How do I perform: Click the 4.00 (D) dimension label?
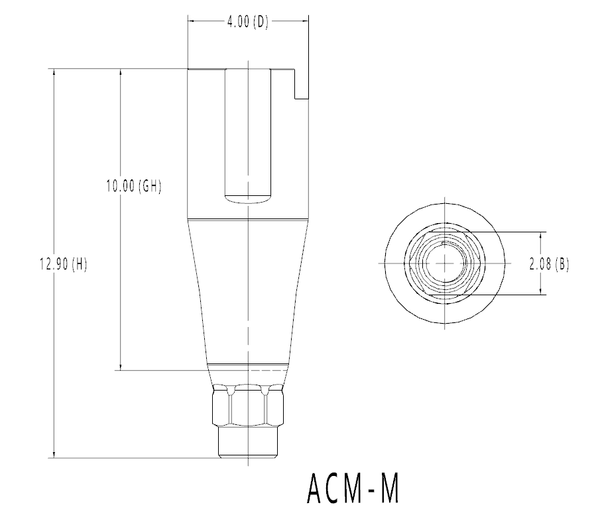coord(248,23)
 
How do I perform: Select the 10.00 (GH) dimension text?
coord(134,186)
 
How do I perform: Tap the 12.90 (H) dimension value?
coord(64,264)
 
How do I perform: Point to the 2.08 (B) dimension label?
coord(549,264)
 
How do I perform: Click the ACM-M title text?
coord(353,489)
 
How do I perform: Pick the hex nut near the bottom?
coord(248,405)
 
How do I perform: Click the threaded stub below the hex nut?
coord(248,442)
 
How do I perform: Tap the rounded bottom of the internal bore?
coord(248,200)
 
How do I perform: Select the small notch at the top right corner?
coord(302,84)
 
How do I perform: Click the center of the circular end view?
coord(445,263)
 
